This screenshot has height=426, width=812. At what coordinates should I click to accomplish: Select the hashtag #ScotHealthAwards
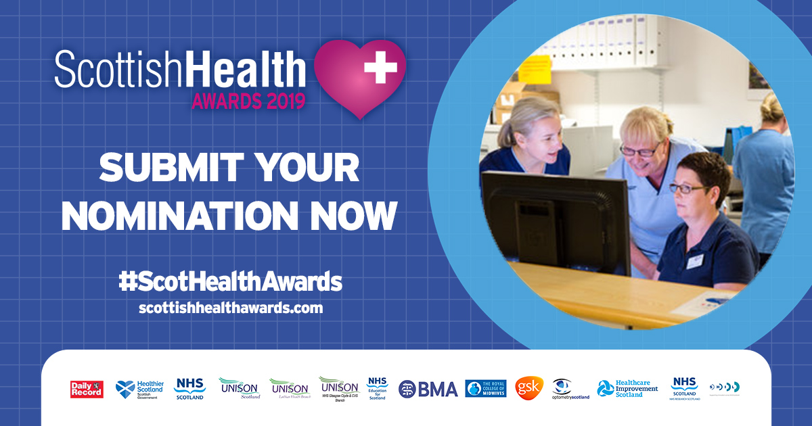[x=230, y=281]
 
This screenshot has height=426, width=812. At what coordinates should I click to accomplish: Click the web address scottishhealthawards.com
[x=231, y=308]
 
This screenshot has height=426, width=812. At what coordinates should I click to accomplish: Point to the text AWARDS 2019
[x=248, y=101]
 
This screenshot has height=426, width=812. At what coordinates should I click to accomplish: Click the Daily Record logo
[x=87, y=389]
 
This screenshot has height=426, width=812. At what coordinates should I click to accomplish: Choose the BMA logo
[x=428, y=389]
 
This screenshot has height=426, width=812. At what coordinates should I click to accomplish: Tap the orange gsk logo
[x=529, y=388]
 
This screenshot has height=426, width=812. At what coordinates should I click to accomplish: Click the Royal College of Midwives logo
[x=486, y=388]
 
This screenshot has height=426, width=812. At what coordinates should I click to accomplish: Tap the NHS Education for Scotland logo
[x=377, y=388]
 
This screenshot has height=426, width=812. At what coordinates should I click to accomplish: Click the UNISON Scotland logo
[x=240, y=388]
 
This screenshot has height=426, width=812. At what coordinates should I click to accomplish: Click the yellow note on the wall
[x=535, y=70]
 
